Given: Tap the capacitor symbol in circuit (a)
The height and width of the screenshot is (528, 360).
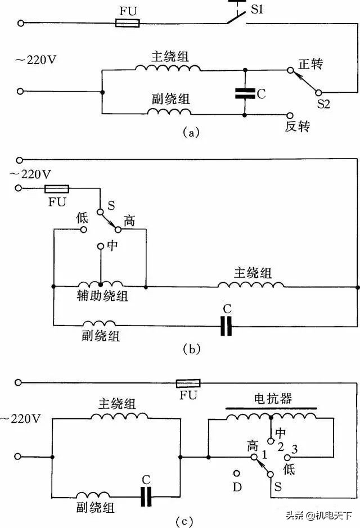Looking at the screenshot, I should click(245, 93).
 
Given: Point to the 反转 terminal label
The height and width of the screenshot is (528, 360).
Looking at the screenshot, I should click(298, 127).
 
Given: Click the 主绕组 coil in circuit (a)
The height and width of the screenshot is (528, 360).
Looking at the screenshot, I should click(167, 67).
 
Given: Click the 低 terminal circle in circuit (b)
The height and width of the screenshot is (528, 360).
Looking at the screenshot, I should click(83, 229).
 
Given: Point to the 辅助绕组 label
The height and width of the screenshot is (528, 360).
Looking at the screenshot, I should click(102, 296).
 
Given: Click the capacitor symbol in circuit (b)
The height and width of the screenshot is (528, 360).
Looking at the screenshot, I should click(226, 326).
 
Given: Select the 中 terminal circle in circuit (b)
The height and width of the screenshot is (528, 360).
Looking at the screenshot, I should click(101, 246).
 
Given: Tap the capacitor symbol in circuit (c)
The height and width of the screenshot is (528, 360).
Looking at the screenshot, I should click(147, 496).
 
